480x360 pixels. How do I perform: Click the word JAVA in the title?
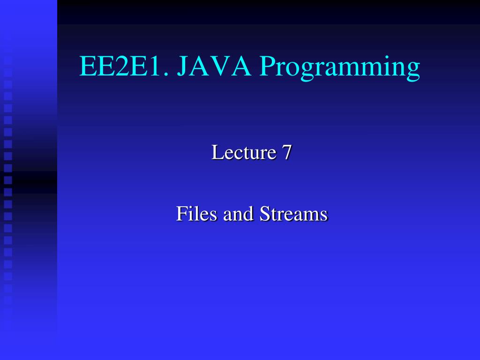[214, 66]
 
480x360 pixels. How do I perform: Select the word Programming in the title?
[340, 68]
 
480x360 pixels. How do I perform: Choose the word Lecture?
[244, 152]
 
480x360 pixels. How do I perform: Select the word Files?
[196, 213]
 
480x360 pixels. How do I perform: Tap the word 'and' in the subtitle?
[238, 213]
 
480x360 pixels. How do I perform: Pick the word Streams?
[293, 213]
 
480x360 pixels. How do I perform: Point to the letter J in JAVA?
[183, 67]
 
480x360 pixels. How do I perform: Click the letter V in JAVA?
[220, 66]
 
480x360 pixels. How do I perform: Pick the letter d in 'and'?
[249, 213]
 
